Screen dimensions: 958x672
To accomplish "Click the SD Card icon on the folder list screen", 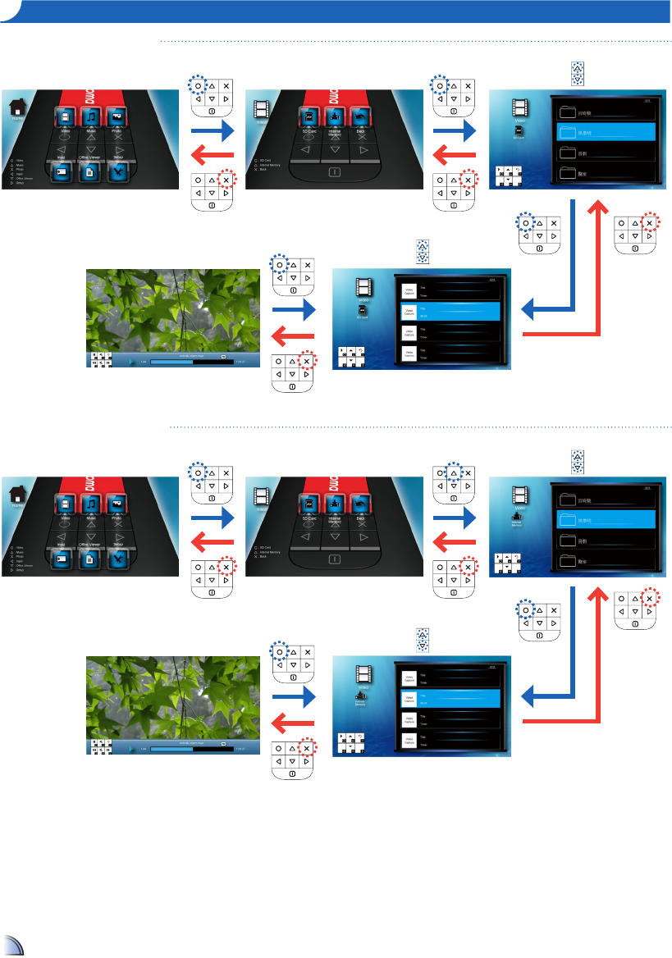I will (x=519, y=131).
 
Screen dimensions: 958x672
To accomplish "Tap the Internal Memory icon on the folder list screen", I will (x=519, y=518).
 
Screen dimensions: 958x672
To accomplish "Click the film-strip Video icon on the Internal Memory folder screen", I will (x=519, y=495).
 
